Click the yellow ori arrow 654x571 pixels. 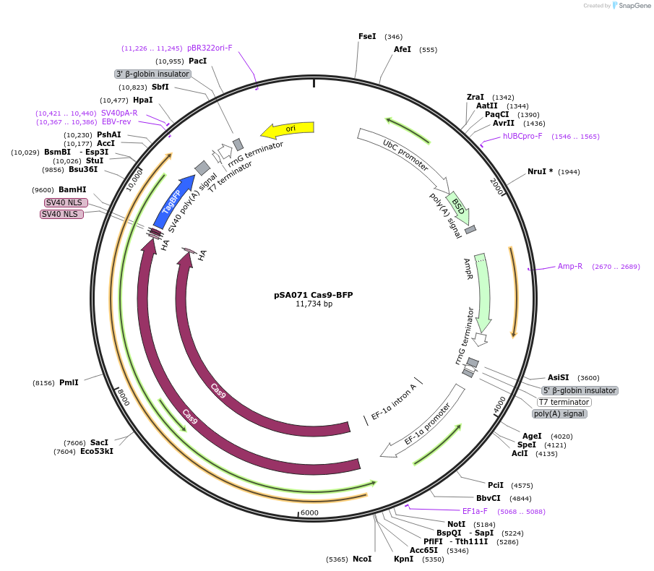[288, 129]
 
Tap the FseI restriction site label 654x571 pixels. [367, 36]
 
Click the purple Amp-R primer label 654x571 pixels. [570, 267]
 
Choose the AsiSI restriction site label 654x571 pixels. [558, 377]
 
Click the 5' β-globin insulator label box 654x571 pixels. [580, 390]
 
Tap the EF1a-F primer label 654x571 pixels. [475, 512]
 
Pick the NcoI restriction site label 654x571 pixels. [362, 559]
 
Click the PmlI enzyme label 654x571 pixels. [69, 382]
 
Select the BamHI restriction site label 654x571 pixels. [72, 189]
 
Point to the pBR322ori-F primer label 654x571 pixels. [210, 48]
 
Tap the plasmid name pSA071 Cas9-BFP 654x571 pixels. [314, 295]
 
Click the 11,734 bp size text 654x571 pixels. [314, 304]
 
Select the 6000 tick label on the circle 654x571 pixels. [309, 512]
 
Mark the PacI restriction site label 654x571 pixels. [197, 61]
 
